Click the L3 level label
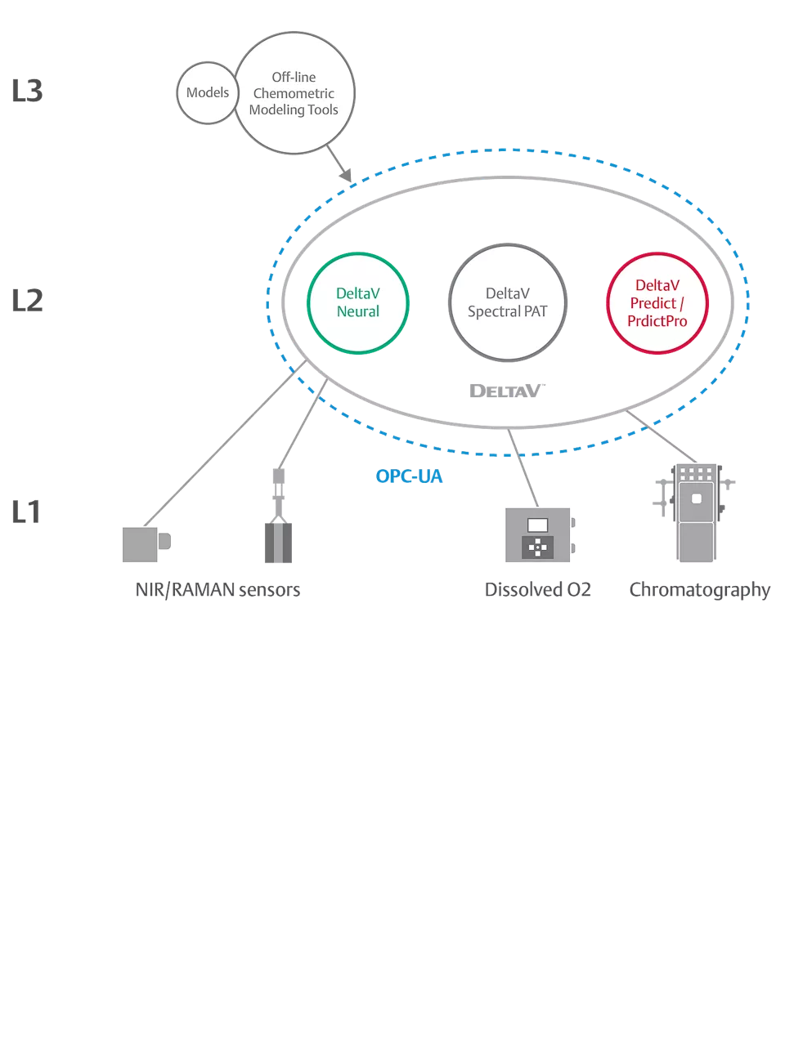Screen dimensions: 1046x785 (x=27, y=91)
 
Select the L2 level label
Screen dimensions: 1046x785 (x=27, y=301)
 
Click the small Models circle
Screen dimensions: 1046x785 (x=208, y=93)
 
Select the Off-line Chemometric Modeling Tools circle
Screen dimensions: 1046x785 (x=294, y=93)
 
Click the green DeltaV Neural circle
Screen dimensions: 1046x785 (x=358, y=302)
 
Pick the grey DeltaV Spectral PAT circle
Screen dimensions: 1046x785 (x=508, y=302)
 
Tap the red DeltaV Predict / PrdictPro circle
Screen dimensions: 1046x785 (x=657, y=303)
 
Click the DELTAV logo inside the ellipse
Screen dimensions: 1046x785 (x=507, y=391)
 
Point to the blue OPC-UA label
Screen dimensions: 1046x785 (x=409, y=476)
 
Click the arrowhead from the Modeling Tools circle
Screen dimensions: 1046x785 (x=346, y=174)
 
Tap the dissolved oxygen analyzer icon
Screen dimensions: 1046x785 (x=539, y=535)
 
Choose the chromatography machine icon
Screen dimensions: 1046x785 (x=695, y=512)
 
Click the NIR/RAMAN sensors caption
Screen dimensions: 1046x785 (x=218, y=590)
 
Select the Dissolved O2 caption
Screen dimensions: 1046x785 (x=538, y=590)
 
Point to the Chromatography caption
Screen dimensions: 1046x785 (x=699, y=590)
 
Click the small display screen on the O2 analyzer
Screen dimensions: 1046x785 (x=537, y=525)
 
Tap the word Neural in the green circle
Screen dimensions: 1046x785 (x=358, y=311)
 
